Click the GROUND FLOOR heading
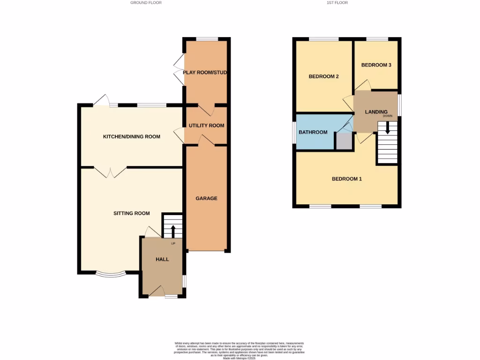(146, 3)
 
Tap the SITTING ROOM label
(132, 213)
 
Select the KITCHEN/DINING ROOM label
(132, 137)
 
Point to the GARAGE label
(206, 198)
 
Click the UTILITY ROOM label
(206, 126)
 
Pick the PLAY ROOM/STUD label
(205, 73)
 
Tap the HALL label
(162, 259)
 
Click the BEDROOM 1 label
(346, 179)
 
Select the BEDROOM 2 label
(323, 76)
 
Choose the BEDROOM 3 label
(376, 65)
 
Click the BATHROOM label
(313, 132)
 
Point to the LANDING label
(376, 112)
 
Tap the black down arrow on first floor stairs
(387, 127)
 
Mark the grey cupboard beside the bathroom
(344, 141)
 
